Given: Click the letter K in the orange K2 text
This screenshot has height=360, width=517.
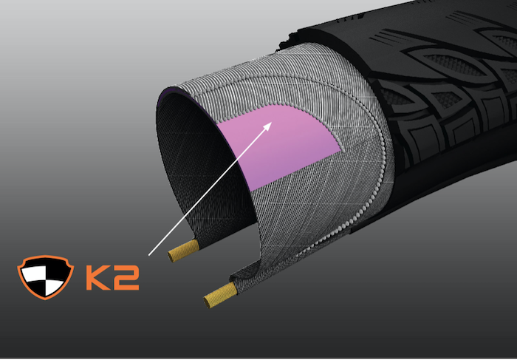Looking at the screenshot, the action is (x=98, y=277).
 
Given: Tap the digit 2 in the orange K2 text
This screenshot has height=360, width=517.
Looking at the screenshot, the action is (x=126, y=277).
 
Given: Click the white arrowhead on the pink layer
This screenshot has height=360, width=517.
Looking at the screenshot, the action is (x=267, y=126).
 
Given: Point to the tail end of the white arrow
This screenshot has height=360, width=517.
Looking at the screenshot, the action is (x=149, y=255).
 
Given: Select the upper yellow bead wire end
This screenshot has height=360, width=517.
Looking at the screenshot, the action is (x=184, y=251).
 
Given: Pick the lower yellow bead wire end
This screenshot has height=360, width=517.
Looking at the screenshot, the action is (x=220, y=296).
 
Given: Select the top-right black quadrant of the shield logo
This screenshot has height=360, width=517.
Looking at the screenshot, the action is (x=58, y=269).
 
